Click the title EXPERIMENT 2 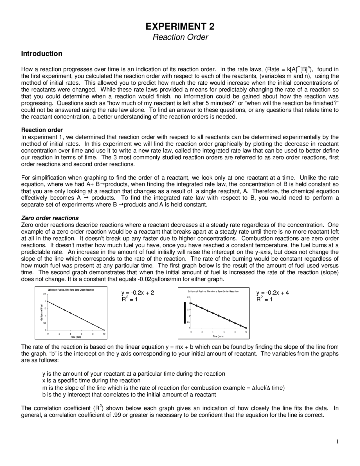click(180, 26)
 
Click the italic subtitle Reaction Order click(180, 37)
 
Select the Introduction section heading click(42, 53)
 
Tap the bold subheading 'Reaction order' click(42, 130)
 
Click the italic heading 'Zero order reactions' click(50, 218)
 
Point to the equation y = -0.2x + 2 click(138, 293)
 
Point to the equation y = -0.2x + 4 click(273, 293)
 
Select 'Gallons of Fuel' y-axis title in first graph click(41, 312)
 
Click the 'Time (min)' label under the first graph click(76, 337)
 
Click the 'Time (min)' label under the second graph click(218, 336)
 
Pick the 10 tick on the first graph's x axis click(104, 334)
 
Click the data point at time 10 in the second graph click(246, 328)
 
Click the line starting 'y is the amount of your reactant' click(134, 374)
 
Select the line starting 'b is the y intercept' click(129, 395)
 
